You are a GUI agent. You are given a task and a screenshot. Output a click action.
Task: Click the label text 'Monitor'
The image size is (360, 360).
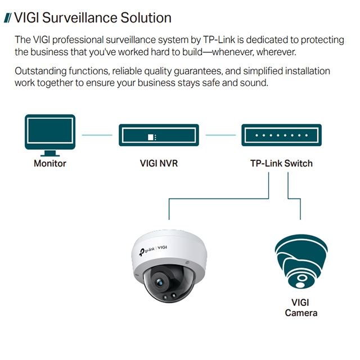50,164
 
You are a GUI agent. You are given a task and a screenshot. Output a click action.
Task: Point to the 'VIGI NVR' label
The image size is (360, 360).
159,164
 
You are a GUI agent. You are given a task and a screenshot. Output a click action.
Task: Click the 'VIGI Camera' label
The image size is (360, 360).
301,307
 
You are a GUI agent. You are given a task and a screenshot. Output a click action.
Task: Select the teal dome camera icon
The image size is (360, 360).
301,262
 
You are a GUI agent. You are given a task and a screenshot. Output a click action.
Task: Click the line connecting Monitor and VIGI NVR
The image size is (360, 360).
97,135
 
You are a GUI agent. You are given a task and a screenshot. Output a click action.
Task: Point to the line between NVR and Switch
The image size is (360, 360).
220,135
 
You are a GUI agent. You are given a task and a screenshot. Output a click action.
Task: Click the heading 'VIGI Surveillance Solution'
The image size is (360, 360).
92,17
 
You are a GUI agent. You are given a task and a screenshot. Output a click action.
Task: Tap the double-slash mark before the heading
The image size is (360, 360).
7,18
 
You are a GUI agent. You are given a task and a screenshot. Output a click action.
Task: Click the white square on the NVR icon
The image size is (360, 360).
150,137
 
